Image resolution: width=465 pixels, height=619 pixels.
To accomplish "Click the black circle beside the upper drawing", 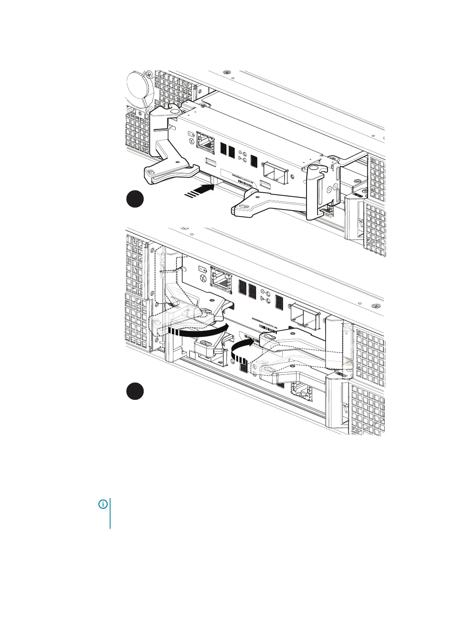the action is [x=135, y=199].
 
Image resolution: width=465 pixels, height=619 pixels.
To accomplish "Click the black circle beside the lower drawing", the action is [x=135, y=391].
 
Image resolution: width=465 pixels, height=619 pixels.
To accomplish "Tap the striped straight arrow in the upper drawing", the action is [x=200, y=191].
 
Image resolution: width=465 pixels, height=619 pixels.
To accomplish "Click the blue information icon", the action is [x=103, y=505].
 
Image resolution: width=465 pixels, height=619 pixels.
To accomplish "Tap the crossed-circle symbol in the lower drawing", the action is [x=203, y=278].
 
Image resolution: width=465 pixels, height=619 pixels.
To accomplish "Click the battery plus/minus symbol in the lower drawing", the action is [x=203, y=269].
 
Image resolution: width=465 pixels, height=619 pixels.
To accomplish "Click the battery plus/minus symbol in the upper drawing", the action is [x=191, y=134].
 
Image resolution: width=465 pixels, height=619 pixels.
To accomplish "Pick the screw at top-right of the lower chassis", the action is [x=375, y=305].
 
